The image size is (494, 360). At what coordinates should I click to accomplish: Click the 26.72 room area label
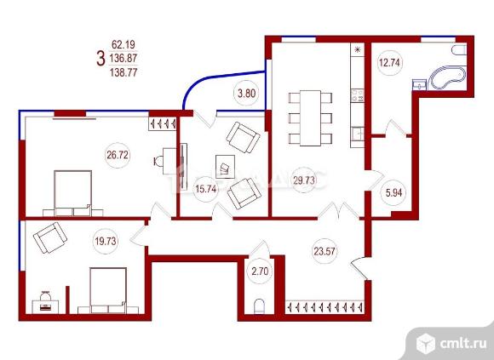click(x=118, y=155)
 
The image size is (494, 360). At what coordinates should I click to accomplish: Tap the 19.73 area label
click(x=106, y=242)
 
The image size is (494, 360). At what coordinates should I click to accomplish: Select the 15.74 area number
click(x=206, y=189)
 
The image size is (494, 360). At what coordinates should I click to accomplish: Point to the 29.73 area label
click(x=304, y=180)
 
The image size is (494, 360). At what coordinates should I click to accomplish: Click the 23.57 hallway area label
click(x=325, y=251)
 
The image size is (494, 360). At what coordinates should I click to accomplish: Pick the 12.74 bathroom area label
click(x=389, y=63)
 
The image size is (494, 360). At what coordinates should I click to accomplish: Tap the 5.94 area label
click(x=393, y=192)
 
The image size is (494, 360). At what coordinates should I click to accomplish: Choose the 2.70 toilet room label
click(x=260, y=271)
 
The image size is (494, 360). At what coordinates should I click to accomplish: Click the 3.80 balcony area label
click(x=247, y=93)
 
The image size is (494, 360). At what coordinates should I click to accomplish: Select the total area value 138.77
click(x=123, y=72)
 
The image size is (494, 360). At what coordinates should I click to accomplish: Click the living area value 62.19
click(x=123, y=45)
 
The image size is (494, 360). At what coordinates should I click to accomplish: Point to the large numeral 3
click(x=101, y=59)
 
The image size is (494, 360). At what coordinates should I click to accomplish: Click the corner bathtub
click(x=448, y=77)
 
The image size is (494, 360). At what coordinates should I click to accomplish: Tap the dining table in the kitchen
click(x=310, y=118)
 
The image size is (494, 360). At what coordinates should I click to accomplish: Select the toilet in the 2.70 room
click(x=259, y=306)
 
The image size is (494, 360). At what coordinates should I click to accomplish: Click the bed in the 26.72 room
click(x=72, y=193)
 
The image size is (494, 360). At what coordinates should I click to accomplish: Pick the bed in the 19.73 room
click(x=108, y=290)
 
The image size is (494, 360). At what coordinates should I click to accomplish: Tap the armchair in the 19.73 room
click(x=50, y=237)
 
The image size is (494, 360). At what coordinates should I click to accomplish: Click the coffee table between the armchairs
click(x=225, y=167)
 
